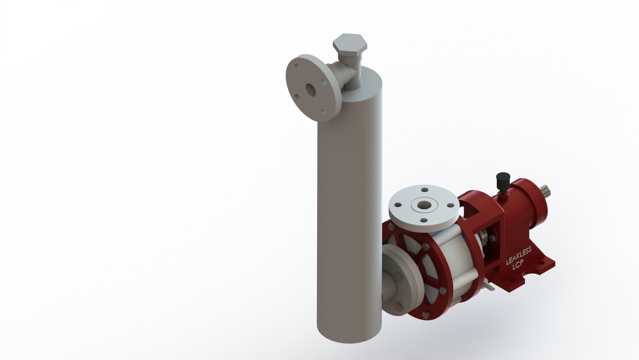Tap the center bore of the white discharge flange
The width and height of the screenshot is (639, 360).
423,206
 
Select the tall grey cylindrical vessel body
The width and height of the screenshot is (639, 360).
348,211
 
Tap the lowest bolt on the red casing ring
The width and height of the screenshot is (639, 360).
427,313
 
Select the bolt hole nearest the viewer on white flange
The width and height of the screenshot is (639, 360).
424,221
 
